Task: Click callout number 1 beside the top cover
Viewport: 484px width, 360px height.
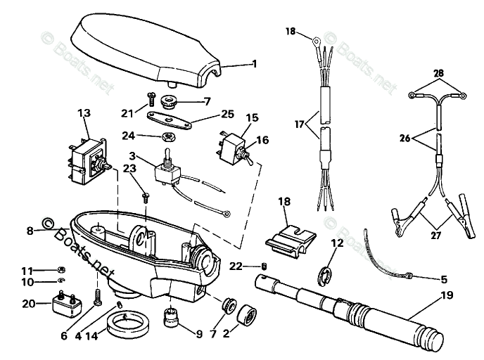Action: [x=255, y=64]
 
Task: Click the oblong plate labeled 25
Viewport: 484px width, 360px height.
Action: [x=172, y=121]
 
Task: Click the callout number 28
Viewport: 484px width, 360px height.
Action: [x=439, y=73]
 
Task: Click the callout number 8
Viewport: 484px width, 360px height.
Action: [x=30, y=230]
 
